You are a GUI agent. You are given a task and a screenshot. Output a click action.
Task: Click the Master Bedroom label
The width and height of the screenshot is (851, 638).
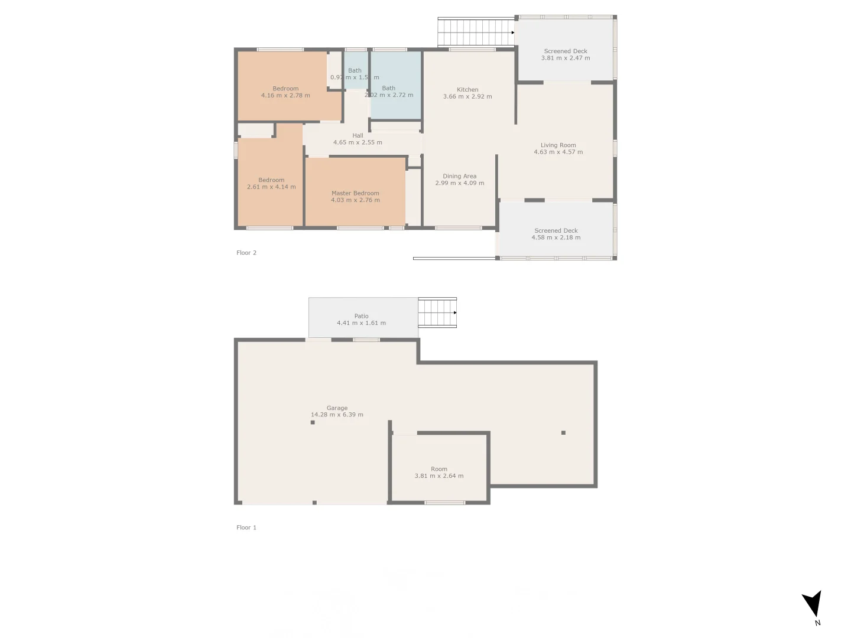pos(355,193)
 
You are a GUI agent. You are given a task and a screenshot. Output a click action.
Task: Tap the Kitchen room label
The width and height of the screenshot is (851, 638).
pos(467,90)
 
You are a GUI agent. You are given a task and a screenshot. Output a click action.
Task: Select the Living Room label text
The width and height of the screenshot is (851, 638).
pos(558,145)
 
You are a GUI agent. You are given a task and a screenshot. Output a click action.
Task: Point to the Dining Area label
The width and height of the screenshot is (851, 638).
pos(459,176)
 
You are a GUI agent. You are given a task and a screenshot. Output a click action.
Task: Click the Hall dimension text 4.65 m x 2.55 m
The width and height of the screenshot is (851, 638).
pos(358,142)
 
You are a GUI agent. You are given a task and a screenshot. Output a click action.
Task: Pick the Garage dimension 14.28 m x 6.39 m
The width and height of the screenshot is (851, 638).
pos(337,415)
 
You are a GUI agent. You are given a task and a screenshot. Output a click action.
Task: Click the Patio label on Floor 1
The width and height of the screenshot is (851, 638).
pos(361,316)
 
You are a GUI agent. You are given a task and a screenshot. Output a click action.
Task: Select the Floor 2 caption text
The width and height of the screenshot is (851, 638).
pos(246,253)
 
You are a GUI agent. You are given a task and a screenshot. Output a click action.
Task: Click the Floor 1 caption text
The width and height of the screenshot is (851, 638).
pos(246,528)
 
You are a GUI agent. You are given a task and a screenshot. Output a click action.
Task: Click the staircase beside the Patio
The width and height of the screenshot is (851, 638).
pos(437,313)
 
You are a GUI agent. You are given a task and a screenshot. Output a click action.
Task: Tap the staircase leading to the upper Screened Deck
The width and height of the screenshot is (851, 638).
pos(475,32)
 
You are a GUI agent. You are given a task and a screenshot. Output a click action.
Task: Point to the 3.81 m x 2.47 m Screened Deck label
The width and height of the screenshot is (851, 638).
pos(566,54)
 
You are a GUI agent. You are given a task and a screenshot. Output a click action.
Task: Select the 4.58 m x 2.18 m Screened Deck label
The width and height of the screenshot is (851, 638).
pos(556,234)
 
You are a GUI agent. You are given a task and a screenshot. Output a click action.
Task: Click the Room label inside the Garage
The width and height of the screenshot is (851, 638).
pos(439,469)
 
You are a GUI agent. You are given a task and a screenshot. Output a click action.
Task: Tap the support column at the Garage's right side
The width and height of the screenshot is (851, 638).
pos(563,433)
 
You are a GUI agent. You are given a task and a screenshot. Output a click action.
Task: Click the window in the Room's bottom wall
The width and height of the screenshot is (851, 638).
pos(444,503)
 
